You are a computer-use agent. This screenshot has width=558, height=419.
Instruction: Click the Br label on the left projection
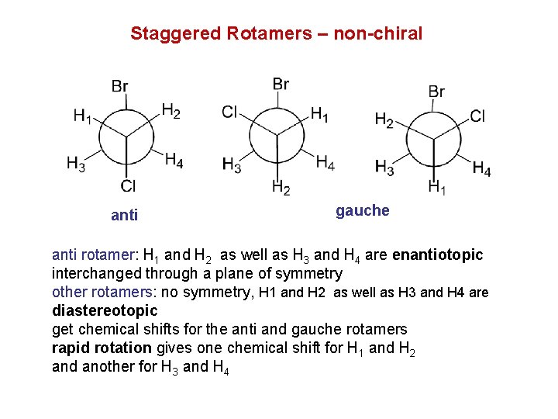coord(119,86)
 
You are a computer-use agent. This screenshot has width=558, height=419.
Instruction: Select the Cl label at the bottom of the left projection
coord(128,185)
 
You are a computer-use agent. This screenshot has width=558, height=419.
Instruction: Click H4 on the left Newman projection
coord(174,161)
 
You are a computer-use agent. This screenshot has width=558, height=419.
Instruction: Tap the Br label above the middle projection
coord(281,84)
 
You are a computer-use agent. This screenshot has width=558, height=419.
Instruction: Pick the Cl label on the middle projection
coord(229,113)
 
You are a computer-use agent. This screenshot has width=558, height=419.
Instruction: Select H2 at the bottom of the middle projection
coord(281,187)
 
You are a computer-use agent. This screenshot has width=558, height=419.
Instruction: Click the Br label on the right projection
coord(436,92)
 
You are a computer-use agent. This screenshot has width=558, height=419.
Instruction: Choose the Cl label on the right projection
coord(477,116)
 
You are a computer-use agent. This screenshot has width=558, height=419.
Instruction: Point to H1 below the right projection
coord(437,187)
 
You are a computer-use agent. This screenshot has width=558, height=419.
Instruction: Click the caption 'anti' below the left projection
coord(124,216)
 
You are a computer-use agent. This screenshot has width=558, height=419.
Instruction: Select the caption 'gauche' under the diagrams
coord(362,211)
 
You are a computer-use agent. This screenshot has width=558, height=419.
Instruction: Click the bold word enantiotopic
coord(438,255)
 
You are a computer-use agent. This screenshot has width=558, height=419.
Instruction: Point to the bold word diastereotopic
coord(104,310)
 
